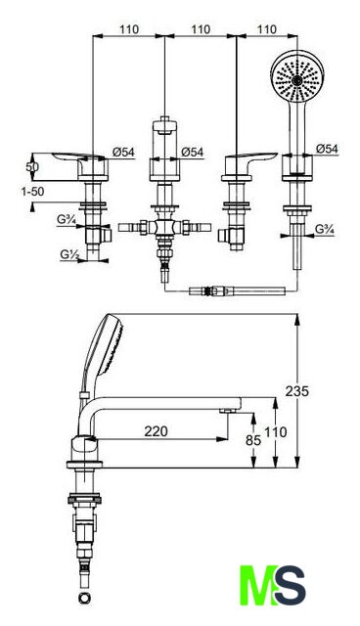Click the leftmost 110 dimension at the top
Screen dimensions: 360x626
(x=129, y=29)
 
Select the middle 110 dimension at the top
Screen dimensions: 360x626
(x=201, y=29)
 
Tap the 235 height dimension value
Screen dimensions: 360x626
(x=297, y=391)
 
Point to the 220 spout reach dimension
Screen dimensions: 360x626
(x=157, y=431)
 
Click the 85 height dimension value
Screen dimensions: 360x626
(x=253, y=440)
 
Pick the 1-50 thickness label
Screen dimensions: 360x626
(x=32, y=192)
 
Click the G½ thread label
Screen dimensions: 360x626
(x=68, y=254)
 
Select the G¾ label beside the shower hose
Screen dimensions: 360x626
(x=325, y=229)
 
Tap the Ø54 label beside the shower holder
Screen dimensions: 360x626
(x=327, y=149)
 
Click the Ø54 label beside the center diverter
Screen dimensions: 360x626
(x=192, y=152)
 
